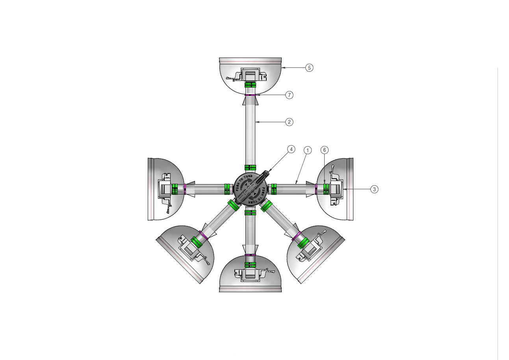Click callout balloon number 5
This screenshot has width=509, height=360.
pos(309,68)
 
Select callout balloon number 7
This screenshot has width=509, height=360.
pos(289,95)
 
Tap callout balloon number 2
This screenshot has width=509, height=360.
pos(289,122)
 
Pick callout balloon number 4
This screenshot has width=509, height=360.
pos(291,149)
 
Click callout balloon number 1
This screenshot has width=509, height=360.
pos(308,150)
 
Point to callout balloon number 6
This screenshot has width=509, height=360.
pos(324,150)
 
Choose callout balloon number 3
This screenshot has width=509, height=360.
pos(374,189)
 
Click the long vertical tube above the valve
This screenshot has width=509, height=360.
pos(251,130)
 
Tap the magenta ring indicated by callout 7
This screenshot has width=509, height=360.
pos(251,95)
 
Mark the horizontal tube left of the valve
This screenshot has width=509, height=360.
pos(205,189)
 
